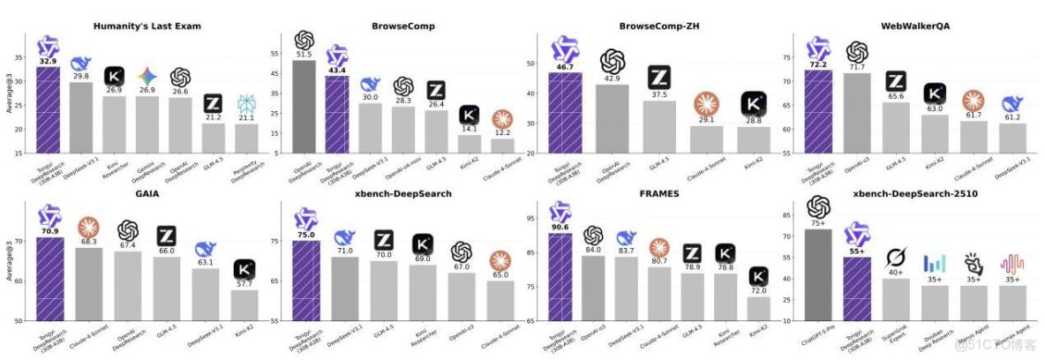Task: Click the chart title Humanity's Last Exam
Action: (x=147, y=26)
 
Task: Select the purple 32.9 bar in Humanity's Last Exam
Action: (x=48, y=109)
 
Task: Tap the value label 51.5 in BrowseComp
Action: (x=304, y=55)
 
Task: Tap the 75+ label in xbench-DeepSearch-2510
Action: (x=818, y=224)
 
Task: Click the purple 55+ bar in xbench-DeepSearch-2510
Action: (x=855, y=288)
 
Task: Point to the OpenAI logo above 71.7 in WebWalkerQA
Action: (x=856, y=52)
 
